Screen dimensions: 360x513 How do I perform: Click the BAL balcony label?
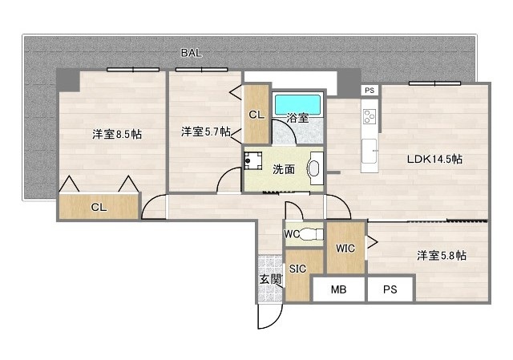click(191, 53)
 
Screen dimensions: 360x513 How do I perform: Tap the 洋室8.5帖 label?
click(116, 135)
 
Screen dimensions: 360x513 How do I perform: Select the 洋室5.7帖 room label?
click(206, 131)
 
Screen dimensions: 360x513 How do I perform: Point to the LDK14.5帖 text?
click(434, 159)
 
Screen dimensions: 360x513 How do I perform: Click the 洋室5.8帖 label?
click(442, 255)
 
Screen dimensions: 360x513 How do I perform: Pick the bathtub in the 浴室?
click(297, 105)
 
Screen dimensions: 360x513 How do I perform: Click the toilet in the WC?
click(305, 235)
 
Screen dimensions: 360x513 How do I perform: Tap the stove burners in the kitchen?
click(370, 119)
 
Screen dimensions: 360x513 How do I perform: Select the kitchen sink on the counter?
click(370, 150)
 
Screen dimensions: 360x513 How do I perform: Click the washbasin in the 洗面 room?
click(313, 168)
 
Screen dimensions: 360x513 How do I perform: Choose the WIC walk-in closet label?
click(345, 247)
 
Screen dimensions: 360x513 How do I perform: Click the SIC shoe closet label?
click(297, 269)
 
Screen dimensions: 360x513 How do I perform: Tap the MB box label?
click(338, 289)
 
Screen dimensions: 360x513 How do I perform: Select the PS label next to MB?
click(390, 289)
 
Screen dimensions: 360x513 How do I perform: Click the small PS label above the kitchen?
click(369, 91)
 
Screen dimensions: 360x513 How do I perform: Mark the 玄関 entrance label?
click(270, 279)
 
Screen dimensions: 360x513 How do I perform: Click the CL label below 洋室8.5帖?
click(98, 207)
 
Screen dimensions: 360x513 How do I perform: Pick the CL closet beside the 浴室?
click(256, 115)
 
